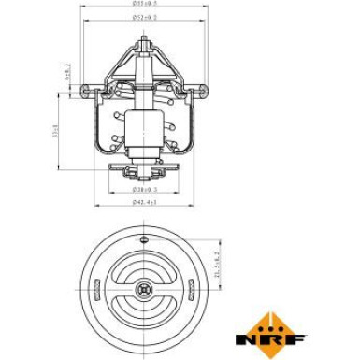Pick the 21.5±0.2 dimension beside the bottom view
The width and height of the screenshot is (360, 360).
[x=217, y=267]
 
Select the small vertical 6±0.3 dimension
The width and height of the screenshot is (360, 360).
[x=65, y=70]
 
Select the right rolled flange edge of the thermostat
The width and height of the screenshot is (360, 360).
[x=203, y=92]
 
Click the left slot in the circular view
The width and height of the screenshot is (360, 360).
[x=116, y=281]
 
